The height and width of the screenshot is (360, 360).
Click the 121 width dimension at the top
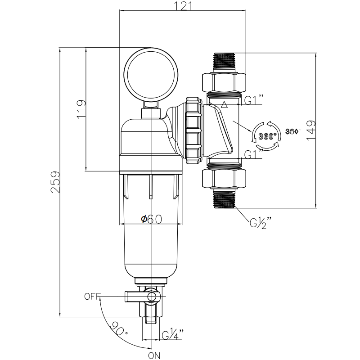click(183, 6)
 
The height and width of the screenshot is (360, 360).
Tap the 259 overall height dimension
click(55, 182)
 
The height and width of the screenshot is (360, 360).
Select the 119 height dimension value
click(81, 109)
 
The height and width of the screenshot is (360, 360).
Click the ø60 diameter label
click(151, 219)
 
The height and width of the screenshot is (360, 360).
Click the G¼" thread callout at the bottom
click(173, 335)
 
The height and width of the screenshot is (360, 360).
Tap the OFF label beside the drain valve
click(92, 297)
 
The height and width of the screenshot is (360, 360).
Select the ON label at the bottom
click(154, 355)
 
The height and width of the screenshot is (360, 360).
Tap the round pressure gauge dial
click(151, 74)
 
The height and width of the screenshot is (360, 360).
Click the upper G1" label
click(253, 100)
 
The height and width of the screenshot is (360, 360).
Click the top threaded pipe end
click(224, 61)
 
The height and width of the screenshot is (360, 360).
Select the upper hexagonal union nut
click(224, 81)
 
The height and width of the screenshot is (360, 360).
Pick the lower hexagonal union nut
click(224, 178)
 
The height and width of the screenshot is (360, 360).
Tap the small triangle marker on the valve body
click(224, 106)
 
